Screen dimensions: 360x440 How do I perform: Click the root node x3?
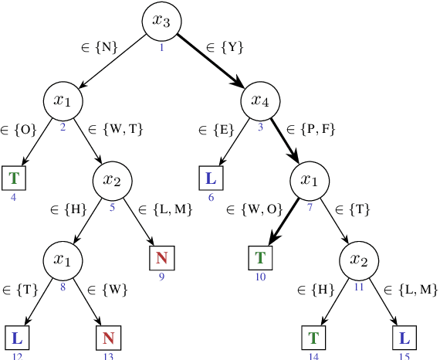[161, 21]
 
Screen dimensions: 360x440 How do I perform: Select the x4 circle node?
[260, 100]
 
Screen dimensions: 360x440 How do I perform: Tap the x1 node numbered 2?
[63, 100]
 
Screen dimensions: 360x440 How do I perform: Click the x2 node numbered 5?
[112, 181]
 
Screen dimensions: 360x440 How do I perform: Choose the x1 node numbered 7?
[309, 181]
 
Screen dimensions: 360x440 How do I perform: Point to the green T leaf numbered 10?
[260, 258]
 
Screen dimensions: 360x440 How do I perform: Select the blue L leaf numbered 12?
[17, 338]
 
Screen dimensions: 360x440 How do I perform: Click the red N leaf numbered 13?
[108, 338]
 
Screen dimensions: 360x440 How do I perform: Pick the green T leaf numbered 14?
[313, 338]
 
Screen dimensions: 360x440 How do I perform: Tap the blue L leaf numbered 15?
[404, 338]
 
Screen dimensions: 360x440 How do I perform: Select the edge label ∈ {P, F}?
[311, 128]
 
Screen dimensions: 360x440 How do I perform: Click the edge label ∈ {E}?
[216, 128]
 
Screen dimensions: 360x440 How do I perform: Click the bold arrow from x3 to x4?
[211, 61]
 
